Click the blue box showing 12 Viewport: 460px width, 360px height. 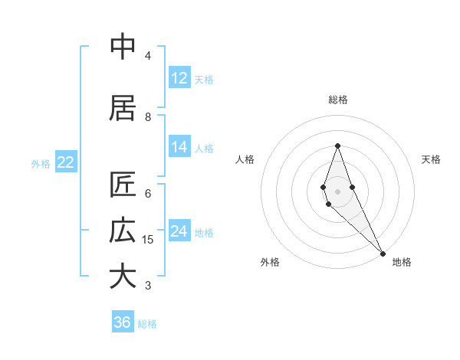pyautogui.click(x=179, y=78)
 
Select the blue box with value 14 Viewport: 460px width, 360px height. pyautogui.click(x=179, y=147)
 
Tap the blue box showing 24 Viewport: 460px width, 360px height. pyautogui.click(x=179, y=231)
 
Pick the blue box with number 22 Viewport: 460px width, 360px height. pyautogui.click(x=66, y=162)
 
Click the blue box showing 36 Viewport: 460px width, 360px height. pyautogui.click(x=123, y=322)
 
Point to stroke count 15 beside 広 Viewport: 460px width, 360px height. pyautogui.click(x=148, y=240)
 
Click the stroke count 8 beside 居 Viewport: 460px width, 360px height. pyautogui.click(x=148, y=116)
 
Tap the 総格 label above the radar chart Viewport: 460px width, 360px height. pyautogui.click(x=338, y=100)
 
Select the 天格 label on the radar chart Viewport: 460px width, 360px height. pyautogui.click(x=431, y=159)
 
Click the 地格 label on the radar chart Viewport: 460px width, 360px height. pyautogui.click(x=402, y=262)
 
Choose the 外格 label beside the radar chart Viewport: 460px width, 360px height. pyautogui.click(x=270, y=262)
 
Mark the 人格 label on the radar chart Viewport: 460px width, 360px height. pyautogui.click(x=245, y=159)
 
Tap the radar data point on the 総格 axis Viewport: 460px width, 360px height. pyautogui.click(x=337, y=146)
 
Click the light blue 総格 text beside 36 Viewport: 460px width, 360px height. pyautogui.click(x=147, y=324)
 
